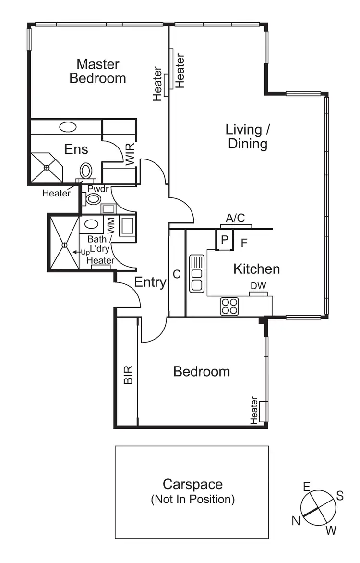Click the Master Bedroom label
pyautogui.click(x=98, y=71)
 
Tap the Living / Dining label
pyautogui.click(x=247, y=136)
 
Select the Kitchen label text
pyautogui.click(x=256, y=269)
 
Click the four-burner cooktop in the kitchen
pyautogui.click(x=229, y=306)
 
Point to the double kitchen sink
pyautogui.click(x=197, y=273)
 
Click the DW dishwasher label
pyautogui.click(x=258, y=286)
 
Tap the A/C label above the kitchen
pyautogui.click(x=236, y=219)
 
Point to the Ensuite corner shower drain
pyautogui.click(x=47, y=167)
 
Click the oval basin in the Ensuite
pyautogui.click(x=68, y=127)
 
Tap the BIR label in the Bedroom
pyautogui.click(x=128, y=375)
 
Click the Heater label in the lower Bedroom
pyautogui.click(x=254, y=410)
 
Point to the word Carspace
pyautogui.click(x=192, y=484)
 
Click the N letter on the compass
pyautogui.click(x=296, y=520)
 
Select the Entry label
pyautogui.click(x=150, y=282)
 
